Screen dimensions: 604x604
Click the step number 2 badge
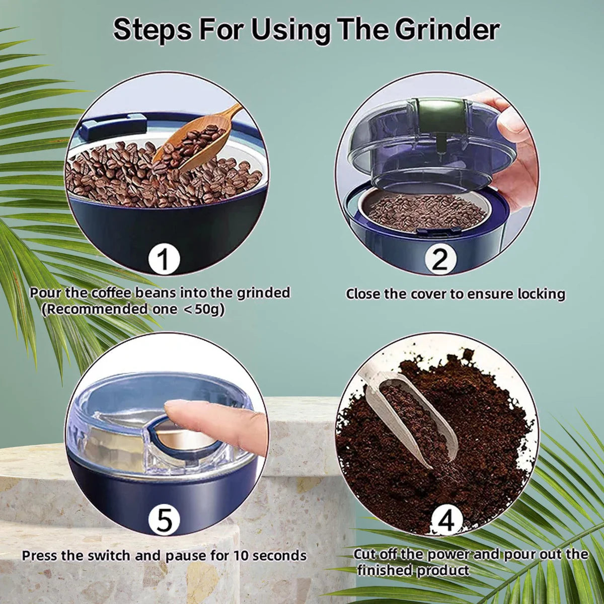click(439, 260)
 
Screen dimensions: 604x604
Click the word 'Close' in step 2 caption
click(363, 294)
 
